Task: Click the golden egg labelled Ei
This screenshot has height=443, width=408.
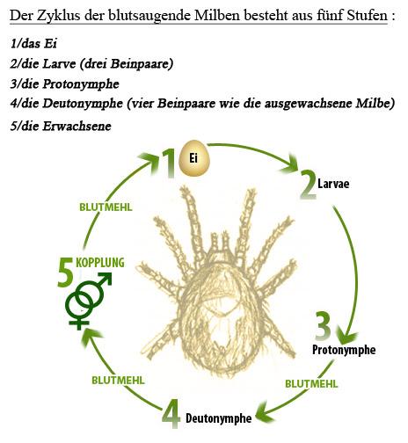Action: tap(194, 158)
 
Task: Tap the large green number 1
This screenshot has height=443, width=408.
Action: tap(168, 163)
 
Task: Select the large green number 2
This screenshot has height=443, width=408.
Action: tap(308, 185)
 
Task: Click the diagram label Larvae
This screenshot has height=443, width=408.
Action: tap(333, 184)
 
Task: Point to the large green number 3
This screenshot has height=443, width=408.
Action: tap(324, 326)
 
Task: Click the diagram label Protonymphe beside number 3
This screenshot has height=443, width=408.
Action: tap(344, 350)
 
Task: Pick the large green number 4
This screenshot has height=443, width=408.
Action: tap(171, 413)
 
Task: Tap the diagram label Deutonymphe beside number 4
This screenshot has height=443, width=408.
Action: tap(219, 418)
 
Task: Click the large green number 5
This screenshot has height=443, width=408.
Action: tap(65, 272)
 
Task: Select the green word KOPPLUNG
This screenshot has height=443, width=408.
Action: tap(100, 263)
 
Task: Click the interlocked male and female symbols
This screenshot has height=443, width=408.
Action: tap(88, 301)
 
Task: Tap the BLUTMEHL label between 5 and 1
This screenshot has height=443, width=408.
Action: tap(106, 207)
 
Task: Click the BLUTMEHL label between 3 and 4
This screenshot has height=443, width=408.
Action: tap(311, 384)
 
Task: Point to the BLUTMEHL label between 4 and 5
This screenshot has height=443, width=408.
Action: tap(118, 381)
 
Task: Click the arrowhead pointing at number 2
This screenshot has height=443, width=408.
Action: tap(291, 164)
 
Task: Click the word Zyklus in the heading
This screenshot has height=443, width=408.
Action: tap(59, 15)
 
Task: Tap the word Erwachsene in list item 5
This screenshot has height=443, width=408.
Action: tap(76, 126)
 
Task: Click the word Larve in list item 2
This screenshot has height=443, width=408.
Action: tap(60, 63)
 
